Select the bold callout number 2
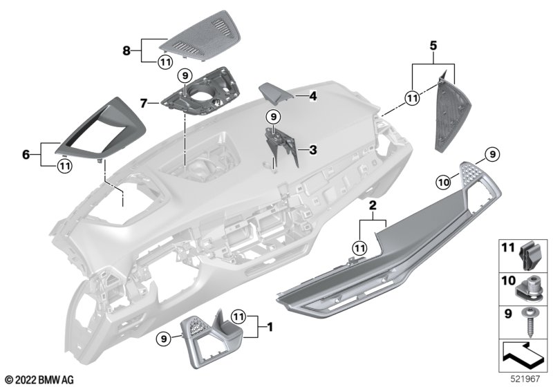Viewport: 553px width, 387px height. [x=372, y=206]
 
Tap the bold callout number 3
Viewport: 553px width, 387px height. [x=312, y=149]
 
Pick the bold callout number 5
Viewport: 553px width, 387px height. [x=433, y=46]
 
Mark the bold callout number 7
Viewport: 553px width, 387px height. [x=144, y=103]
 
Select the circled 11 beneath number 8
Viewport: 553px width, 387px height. [x=164, y=62]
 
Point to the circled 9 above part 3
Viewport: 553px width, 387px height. [x=273, y=117]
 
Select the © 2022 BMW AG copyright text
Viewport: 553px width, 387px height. [x=39, y=379]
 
